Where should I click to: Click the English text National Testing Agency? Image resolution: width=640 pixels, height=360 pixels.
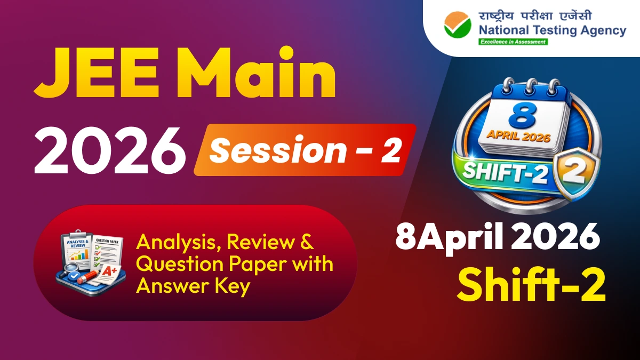[x=552, y=30]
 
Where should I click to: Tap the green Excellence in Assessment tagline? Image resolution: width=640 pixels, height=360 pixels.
[x=513, y=42]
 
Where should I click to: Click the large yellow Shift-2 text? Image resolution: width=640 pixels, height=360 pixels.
[x=531, y=286]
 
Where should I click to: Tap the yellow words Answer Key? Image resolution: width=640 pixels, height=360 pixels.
[x=193, y=286]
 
